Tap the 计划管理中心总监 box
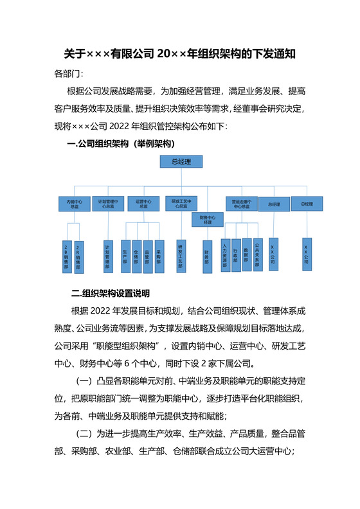point(108,204)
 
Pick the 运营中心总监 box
point(143,204)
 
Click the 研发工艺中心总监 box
point(180,204)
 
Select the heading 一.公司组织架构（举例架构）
point(121,143)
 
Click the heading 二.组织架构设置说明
point(111,294)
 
